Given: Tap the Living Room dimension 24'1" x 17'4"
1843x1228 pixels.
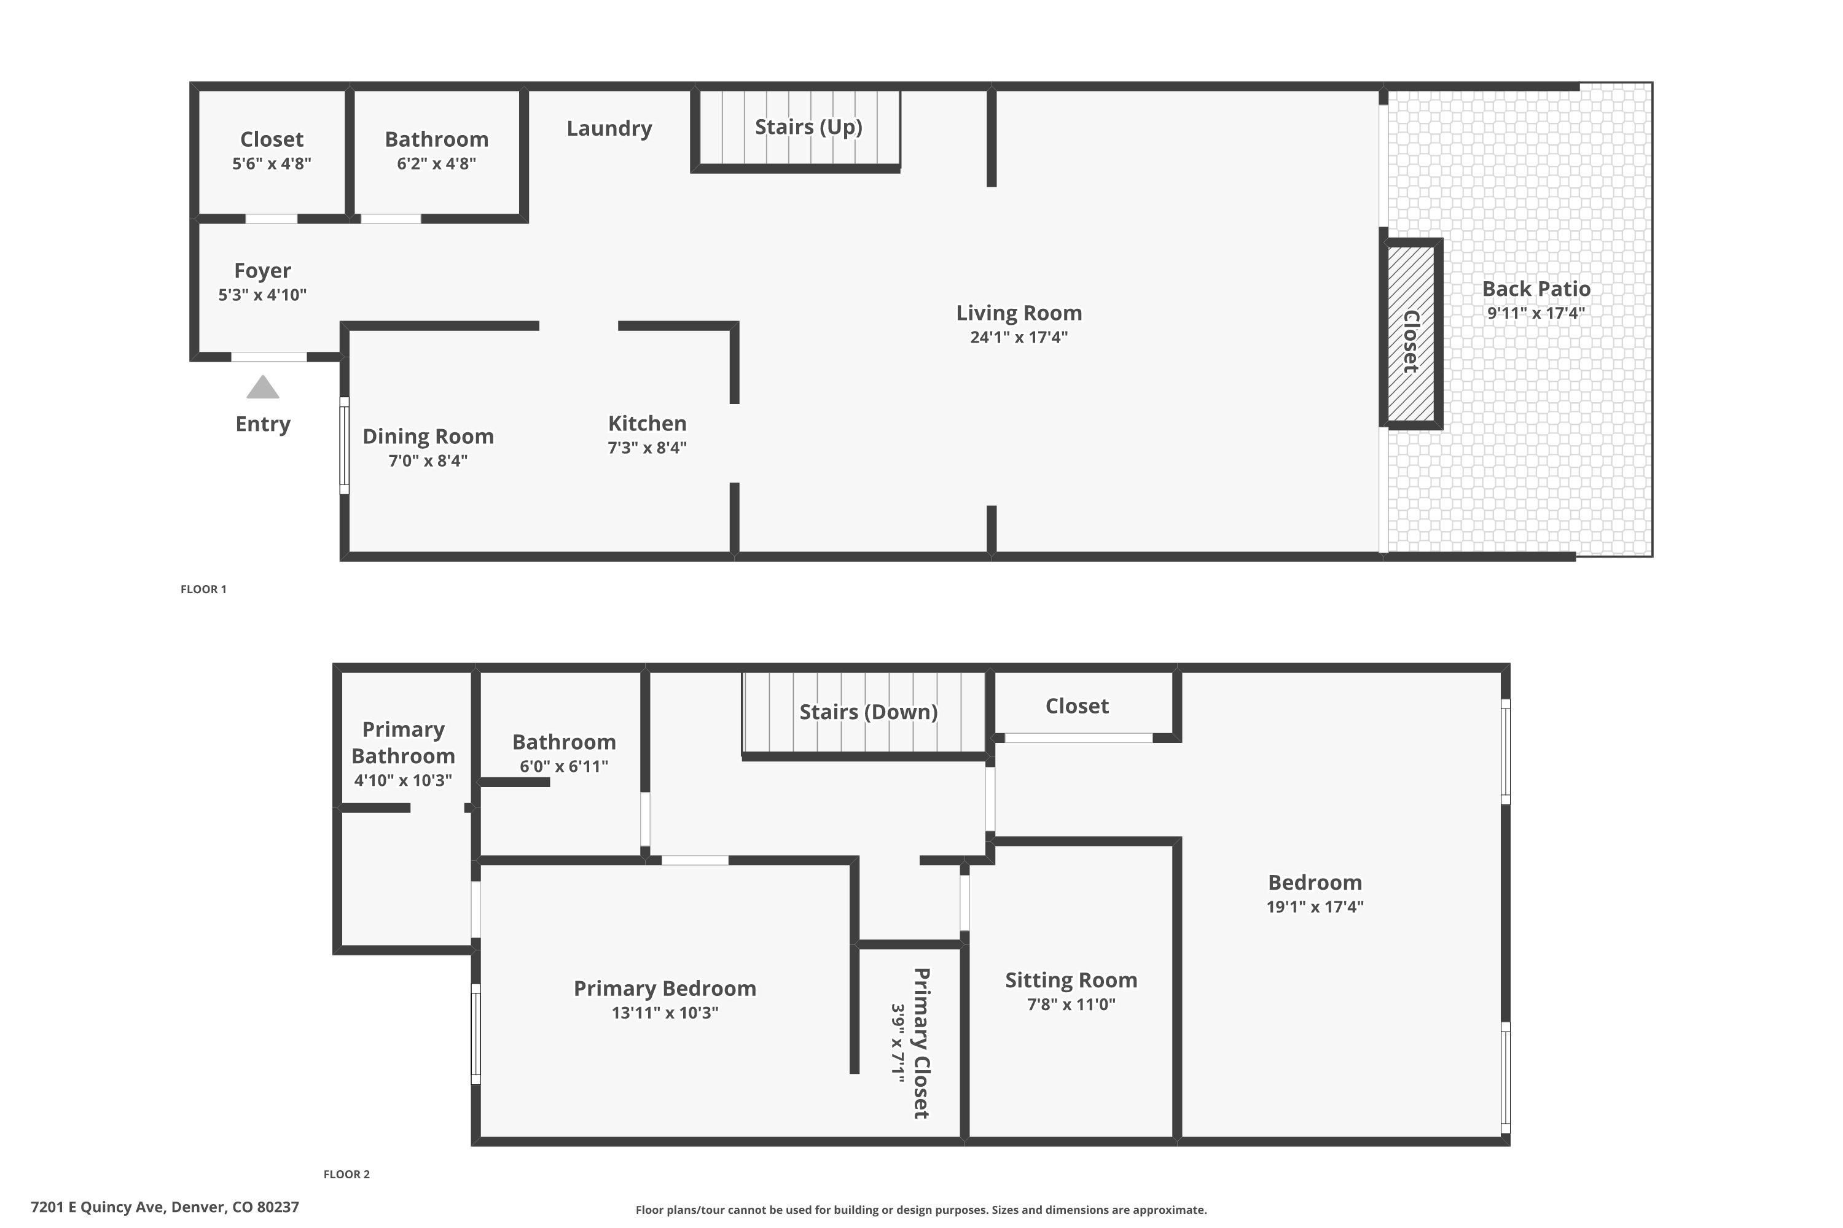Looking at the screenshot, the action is [x=1019, y=338].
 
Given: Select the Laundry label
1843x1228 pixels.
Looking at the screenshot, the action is [x=609, y=128].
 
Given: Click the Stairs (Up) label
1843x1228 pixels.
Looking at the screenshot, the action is [x=808, y=127].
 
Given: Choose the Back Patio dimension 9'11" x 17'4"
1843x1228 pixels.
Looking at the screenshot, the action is [x=1536, y=313].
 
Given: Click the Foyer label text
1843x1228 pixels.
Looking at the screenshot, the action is [x=262, y=271].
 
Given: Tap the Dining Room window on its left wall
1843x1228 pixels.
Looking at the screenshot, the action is [x=344, y=446].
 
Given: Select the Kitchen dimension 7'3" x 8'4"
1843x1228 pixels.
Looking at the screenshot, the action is [x=648, y=448].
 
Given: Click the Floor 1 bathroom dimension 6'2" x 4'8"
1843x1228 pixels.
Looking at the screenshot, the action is [x=436, y=164].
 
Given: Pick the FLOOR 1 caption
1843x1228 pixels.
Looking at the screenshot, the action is [x=204, y=589].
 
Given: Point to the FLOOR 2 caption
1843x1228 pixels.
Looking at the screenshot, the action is [x=346, y=1174].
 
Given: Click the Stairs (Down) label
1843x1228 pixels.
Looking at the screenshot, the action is [x=868, y=712].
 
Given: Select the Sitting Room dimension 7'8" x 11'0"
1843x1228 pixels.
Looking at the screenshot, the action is [x=1071, y=1005].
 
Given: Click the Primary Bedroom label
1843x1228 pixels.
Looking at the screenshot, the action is [x=665, y=989].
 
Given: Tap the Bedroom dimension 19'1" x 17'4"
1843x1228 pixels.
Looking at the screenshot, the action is [x=1315, y=907].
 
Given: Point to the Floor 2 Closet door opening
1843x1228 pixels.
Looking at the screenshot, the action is [x=1078, y=738].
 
